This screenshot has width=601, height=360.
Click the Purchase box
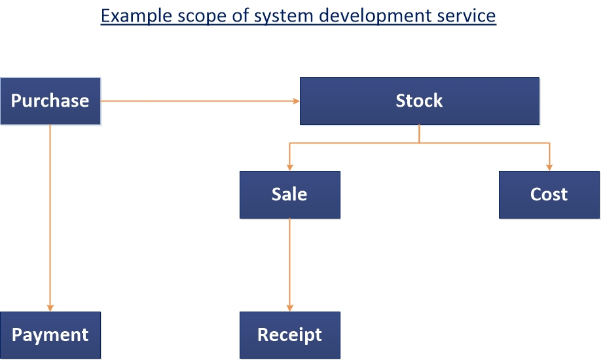point(50,101)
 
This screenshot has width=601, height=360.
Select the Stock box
point(419,101)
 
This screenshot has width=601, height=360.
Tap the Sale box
point(290,195)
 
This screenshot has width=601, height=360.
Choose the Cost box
point(549,195)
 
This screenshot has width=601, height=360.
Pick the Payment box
point(50,335)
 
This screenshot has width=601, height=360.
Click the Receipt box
point(290,335)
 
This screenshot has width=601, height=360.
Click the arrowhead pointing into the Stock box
point(297,101)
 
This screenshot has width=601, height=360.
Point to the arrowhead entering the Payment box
point(50,308)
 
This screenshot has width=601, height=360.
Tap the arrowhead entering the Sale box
point(290,168)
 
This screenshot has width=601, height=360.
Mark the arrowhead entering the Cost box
point(549,168)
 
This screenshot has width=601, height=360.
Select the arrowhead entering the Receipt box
point(290,308)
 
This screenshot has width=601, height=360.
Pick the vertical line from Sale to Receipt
point(290,265)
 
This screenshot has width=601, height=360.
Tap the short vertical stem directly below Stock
point(419,134)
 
